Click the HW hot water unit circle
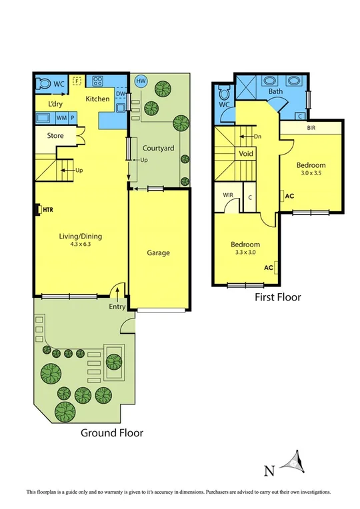141,81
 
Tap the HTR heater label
47,209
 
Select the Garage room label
159,253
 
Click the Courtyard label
158,147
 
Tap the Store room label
55,136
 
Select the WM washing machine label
61,118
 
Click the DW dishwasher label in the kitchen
120,94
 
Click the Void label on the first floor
246,153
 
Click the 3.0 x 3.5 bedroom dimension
311,173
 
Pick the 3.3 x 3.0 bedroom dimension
246,253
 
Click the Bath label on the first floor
275,91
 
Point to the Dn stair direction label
257,137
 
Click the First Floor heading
278,297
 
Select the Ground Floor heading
112,432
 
